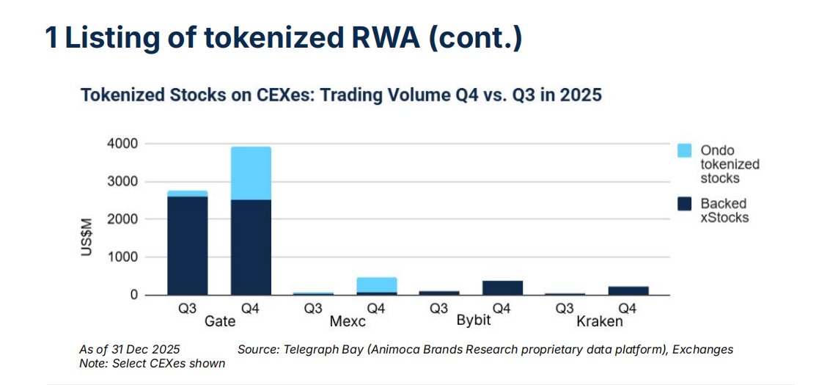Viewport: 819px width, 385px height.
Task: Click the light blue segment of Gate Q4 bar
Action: tap(251, 173)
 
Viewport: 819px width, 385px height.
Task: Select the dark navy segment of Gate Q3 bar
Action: tap(187, 246)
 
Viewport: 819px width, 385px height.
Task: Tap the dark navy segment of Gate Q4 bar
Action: tap(251, 247)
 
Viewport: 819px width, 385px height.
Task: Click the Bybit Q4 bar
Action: tap(502, 287)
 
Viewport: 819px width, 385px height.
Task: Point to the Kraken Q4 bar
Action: tap(628, 290)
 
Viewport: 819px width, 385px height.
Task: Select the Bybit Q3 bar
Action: tap(439, 293)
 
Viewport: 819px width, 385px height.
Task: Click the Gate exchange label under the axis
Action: tap(218, 321)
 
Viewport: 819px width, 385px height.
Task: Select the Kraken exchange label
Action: tap(599, 321)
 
